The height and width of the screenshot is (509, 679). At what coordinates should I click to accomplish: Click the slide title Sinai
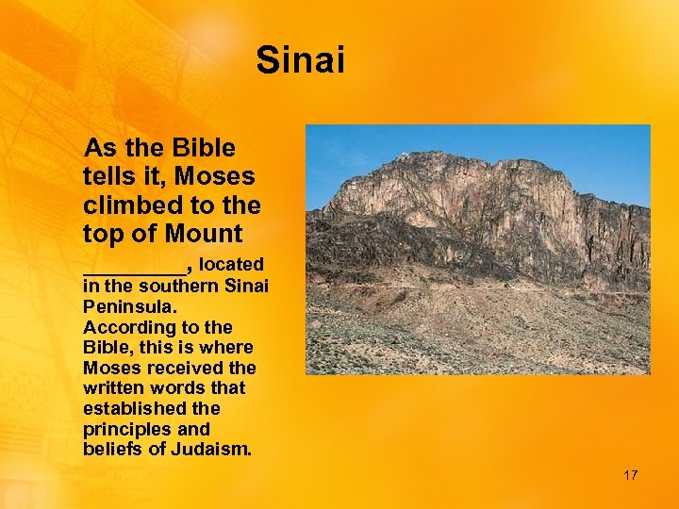pyautogui.click(x=301, y=61)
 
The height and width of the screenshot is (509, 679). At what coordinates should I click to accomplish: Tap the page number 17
pyautogui.click(x=630, y=475)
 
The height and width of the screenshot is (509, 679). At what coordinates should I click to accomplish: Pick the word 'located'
pyautogui.click(x=231, y=265)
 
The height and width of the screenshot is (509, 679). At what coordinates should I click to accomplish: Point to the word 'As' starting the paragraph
pyautogui.click(x=99, y=149)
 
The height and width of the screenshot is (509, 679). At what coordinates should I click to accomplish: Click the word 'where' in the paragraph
pyautogui.click(x=232, y=348)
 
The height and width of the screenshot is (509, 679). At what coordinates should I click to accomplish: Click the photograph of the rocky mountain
pyautogui.click(x=477, y=250)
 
